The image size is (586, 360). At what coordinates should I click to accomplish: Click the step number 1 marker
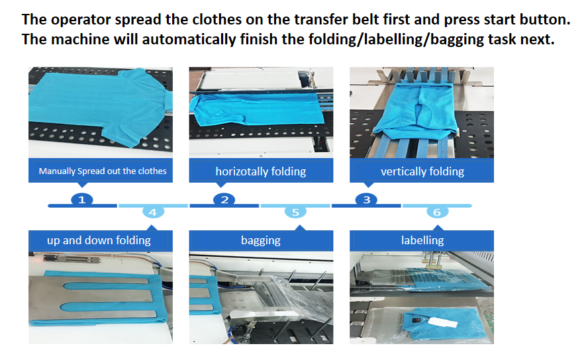(x=81, y=199)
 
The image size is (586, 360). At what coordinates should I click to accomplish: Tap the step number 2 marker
(x=225, y=199)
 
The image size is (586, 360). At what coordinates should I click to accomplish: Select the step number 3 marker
(x=366, y=199)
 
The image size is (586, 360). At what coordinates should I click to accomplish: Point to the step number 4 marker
(x=153, y=212)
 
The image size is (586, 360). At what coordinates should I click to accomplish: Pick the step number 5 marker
(x=295, y=212)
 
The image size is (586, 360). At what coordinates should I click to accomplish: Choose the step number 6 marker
(x=436, y=212)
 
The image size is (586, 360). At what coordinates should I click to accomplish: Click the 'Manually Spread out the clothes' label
(x=102, y=171)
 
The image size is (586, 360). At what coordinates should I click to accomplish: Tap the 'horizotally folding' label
(x=260, y=171)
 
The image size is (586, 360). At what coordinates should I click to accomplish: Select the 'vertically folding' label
(x=422, y=171)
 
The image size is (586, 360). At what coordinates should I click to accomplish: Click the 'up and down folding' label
(x=99, y=240)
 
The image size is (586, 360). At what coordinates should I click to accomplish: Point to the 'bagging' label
(x=260, y=240)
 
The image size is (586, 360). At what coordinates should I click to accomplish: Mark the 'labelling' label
(x=422, y=240)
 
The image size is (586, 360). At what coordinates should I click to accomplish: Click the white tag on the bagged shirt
(x=442, y=322)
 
